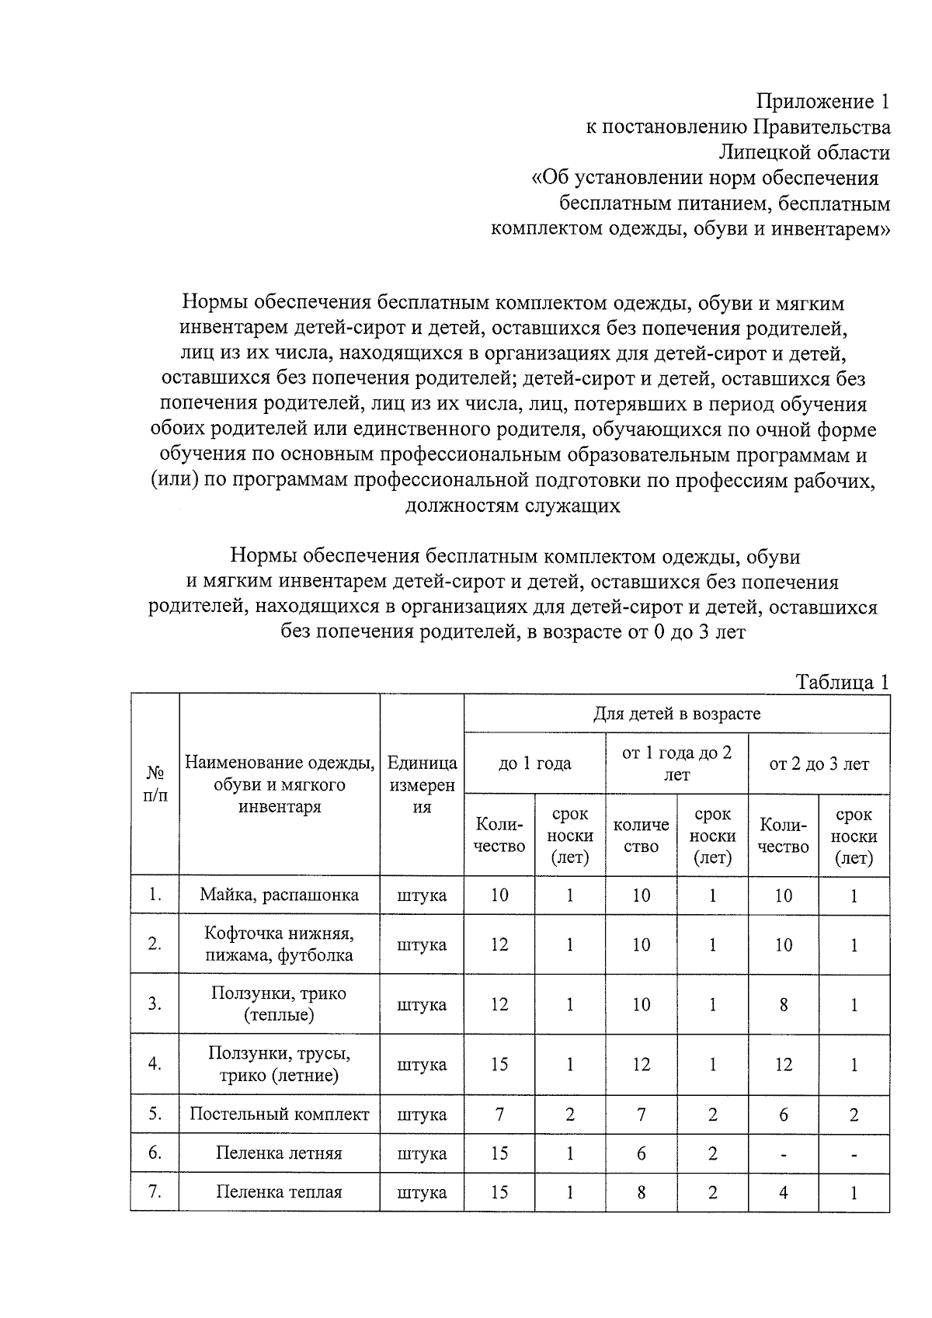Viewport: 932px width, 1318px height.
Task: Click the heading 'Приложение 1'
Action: tap(822, 101)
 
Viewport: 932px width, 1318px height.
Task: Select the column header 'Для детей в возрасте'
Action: tap(676, 713)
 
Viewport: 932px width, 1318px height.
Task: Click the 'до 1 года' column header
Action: tap(534, 763)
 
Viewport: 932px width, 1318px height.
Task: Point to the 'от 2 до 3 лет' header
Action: tap(819, 763)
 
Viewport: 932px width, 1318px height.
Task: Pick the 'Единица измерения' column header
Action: tap(422, 784)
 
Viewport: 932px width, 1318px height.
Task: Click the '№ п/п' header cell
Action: tap(155, 784)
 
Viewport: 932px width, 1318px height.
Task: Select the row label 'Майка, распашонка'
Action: tap(279, 895)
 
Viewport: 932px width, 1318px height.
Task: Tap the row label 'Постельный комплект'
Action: tap(279, 1114)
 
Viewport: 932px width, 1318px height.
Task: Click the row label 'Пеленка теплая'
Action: tap(279, 1191)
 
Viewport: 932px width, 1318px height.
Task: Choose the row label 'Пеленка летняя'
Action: tap(279, 1153)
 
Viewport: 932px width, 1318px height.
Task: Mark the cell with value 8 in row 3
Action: tap(783, 1004)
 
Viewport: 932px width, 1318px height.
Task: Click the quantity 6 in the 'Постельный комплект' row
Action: tap(783, 1115)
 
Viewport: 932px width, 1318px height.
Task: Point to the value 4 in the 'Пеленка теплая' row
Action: tap(783, 1192)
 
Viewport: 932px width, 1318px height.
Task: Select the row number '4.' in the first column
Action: tap(155, 1064)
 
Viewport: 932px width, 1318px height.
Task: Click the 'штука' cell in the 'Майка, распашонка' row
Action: tap(422, 895)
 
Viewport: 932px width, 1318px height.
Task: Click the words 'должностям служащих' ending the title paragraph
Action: tap(513, 506)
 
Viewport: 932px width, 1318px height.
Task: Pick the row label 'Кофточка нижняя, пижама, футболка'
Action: tap(279, 944)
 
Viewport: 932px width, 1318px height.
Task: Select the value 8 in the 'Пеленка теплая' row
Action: tap(641, 1192)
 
